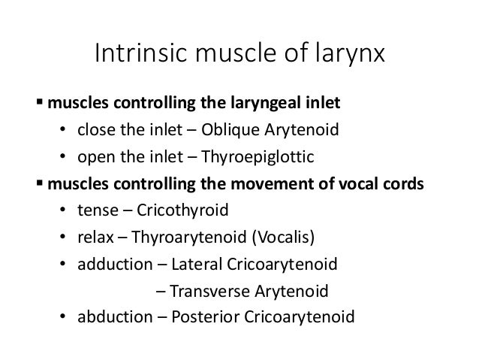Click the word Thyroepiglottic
pos(265,156)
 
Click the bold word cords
pos(404,183)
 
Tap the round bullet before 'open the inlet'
pos(65,157)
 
